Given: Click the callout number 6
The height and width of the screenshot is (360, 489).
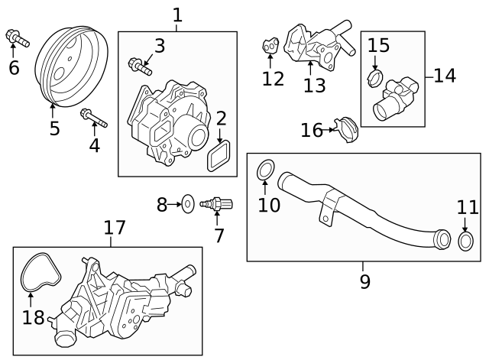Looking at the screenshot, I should (x=14, y=67).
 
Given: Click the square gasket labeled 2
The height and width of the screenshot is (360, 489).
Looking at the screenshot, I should (x=222, y=157).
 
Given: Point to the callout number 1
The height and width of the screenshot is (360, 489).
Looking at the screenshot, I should (x=177, y=15).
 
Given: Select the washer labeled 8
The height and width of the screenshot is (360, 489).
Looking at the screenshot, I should (x=186, y=204).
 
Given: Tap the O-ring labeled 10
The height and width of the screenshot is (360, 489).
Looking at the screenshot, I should (x=265, y=170).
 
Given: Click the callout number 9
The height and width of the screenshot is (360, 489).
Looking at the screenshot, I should (x=364, y=281).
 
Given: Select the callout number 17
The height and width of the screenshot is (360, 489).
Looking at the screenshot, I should (x=115, y=227).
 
